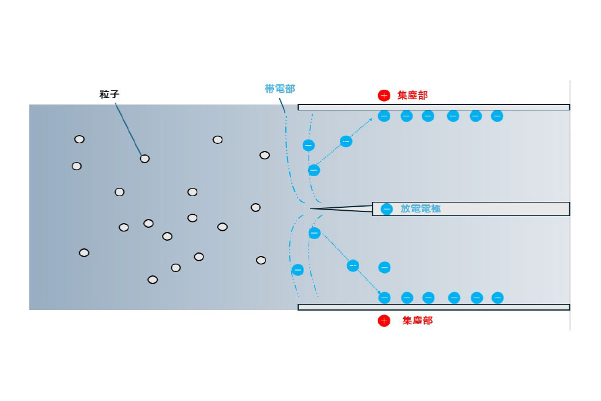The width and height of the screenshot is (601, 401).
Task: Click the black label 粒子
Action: click(110, 94)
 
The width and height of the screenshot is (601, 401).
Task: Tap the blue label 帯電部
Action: click(279, 89)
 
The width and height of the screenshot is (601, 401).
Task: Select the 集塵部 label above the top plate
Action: click(413, 95)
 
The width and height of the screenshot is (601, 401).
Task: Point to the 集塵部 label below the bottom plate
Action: click(417, 321)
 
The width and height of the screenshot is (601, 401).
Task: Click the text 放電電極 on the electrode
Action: click(421, 208)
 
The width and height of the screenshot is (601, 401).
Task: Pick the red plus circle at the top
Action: click(383, 95)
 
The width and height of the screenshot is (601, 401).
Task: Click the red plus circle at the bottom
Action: click(384, 321)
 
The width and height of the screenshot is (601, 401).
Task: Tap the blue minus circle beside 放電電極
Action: click(386, 208)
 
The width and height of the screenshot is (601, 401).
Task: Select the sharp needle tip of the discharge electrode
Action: click(310, 208)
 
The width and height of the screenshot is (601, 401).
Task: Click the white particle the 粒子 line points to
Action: click(144, 159)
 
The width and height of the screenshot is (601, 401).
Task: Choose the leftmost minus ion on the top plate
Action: click(384, 116)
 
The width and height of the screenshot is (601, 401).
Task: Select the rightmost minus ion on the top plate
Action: click(497, 116)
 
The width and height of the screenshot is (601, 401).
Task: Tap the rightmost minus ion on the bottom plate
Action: click(497, 298)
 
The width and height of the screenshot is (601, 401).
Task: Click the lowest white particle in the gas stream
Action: click(153, 279)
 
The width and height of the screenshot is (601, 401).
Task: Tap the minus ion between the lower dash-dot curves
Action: click(297, 270)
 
